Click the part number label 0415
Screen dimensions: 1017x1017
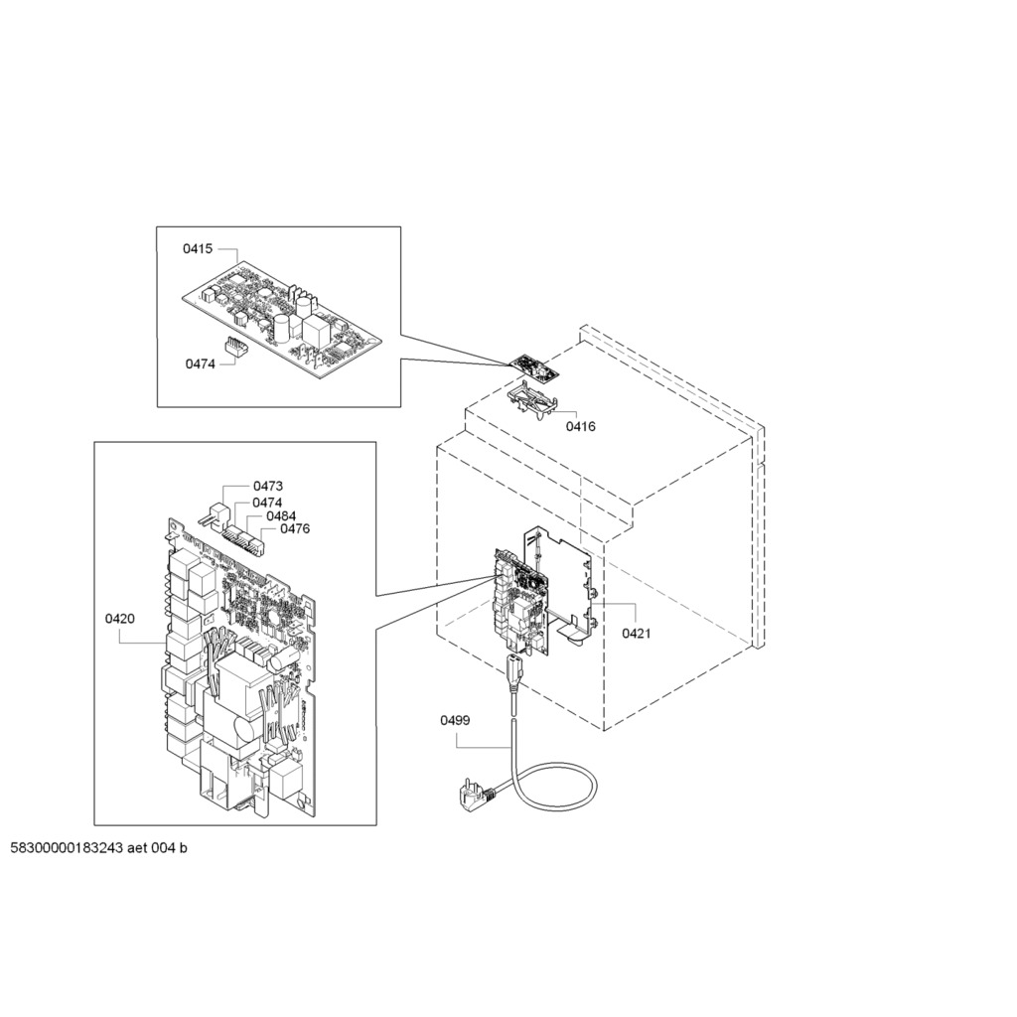pos(198,249)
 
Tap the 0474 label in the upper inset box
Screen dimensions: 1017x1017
pos(201,363)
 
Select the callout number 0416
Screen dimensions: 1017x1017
pos(580,427)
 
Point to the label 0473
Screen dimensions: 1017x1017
pos(268,486)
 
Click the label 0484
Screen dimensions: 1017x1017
pos(281,516)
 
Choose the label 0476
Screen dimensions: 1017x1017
pos(295,528)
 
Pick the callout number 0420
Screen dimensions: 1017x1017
pos(120,619)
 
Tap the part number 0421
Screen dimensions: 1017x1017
pos(637,633)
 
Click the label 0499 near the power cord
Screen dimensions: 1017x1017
pos(455,721)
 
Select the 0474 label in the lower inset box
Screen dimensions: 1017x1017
pos(267,503)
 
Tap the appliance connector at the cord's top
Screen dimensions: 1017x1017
pos(512,668)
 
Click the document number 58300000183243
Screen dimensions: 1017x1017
pos(67,848)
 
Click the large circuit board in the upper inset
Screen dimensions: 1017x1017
pos(281,320)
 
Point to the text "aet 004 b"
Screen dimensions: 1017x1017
pos(157,848)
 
